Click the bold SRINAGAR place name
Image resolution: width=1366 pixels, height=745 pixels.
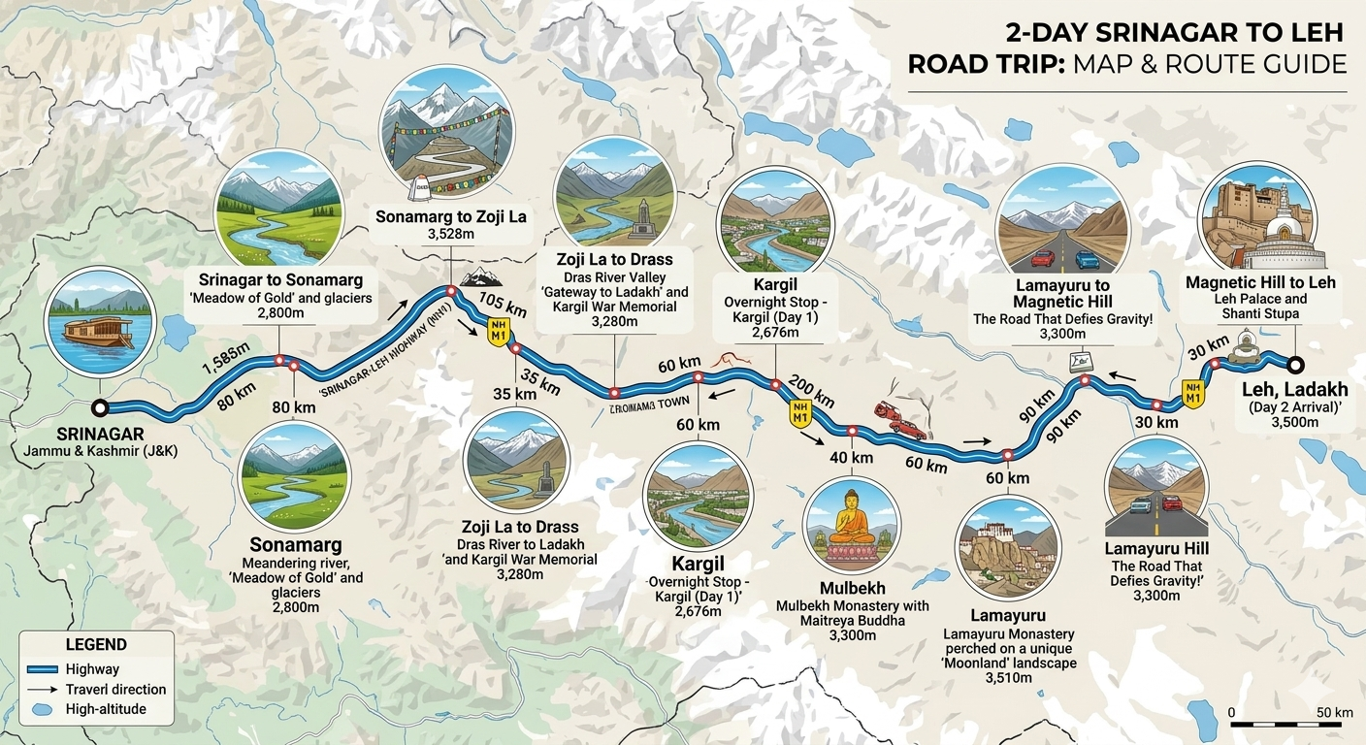click(x=100, y=434)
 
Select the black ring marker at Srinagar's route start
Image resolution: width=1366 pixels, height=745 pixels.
click(x=99, y=407)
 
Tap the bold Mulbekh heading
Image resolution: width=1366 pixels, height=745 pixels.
click(x=852, y=588)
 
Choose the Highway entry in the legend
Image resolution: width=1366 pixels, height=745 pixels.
click(x=92, y=669)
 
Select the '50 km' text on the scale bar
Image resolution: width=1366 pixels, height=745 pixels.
click(x=1334, y=713)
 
